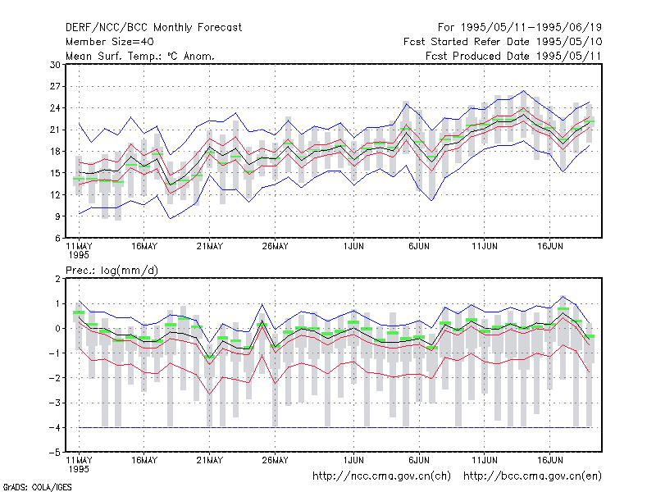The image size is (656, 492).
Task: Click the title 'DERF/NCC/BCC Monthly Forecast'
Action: point(153,28)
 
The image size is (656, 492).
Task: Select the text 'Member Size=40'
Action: point(110,42)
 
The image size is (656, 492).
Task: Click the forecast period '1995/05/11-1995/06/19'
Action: point(531,28)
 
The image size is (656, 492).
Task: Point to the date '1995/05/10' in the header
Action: point(569,42)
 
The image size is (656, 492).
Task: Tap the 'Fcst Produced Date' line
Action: point(514,56)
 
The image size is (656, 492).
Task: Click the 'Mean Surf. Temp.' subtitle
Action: point(140,56)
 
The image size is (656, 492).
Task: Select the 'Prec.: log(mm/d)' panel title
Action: point(112,271)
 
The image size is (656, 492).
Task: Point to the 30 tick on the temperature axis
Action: point(55,65)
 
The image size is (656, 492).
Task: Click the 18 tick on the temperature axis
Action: point(55,152)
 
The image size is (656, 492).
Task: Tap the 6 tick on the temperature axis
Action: point(57,238)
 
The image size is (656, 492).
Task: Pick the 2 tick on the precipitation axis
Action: point(57,279)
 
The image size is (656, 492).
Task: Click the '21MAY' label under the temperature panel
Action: point(210,247)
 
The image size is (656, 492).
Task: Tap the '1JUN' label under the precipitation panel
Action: point(353,461)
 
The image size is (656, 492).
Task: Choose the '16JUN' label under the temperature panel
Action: point(549,247)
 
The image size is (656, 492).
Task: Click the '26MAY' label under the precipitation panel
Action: point(275,461)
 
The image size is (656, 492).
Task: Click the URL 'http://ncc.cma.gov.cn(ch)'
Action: point(381,476)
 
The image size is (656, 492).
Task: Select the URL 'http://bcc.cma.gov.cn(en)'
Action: point(532,476)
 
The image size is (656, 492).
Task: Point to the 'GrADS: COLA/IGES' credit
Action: point(37,487)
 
